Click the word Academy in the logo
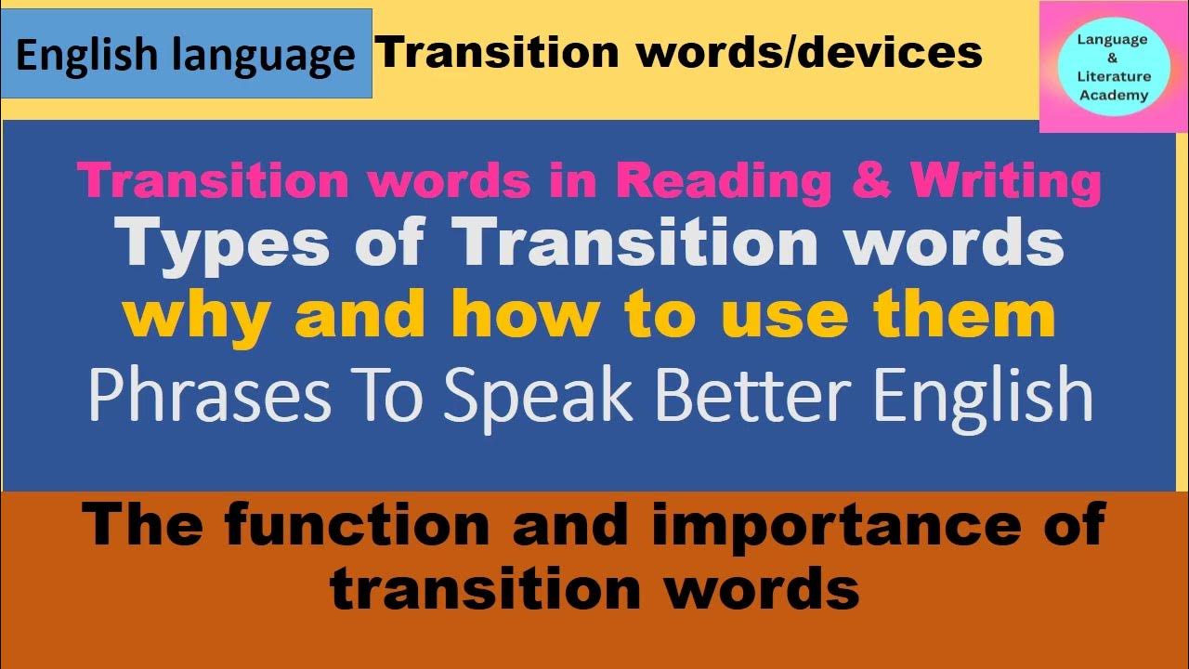tap(1114, 95)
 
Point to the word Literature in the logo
tap(1114, 76)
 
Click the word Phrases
tap(209, 395)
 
